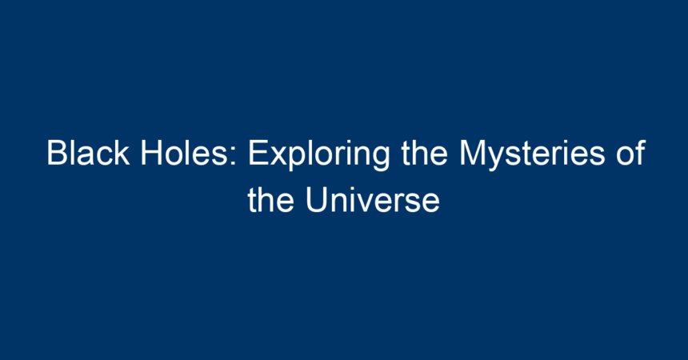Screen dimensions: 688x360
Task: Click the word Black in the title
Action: (88, 153)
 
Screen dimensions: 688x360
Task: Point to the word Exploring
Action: (319, 154)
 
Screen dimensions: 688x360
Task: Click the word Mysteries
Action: (532, 154)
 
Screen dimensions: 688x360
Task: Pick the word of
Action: (630, 153)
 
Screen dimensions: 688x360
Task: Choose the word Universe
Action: (373, 200)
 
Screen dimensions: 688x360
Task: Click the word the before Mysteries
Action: (424, 153)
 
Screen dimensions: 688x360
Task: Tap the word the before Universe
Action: (270, 200)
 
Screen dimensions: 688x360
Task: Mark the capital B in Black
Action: (57, 153)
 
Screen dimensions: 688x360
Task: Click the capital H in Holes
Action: (151, 153)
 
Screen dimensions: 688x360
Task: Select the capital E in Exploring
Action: (258, 153)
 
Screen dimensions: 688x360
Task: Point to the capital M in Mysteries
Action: (473, 153)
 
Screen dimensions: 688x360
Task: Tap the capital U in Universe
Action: (316, 200)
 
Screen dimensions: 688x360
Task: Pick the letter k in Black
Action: (122, 153)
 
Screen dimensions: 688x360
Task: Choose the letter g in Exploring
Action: (380, 160)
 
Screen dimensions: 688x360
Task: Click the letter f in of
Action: (641, 152)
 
